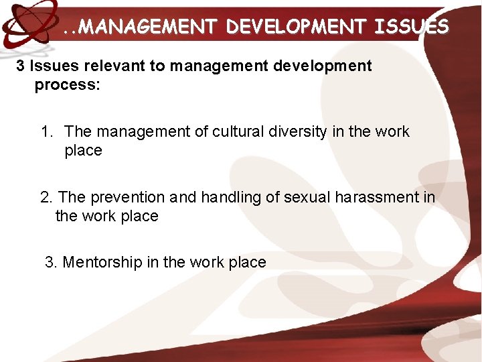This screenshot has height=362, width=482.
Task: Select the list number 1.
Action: tap(46, 131)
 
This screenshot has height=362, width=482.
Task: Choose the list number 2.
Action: tap(47, 197)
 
